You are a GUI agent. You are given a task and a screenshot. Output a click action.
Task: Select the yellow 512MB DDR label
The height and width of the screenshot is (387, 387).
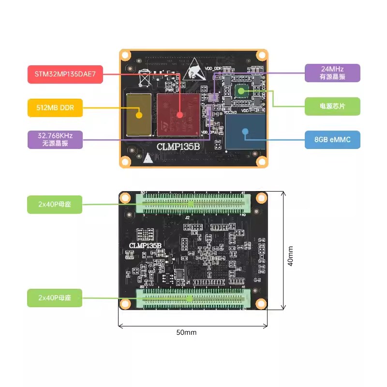click(x=55, y=107)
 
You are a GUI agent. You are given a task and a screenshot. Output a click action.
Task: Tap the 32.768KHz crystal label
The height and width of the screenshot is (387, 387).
click(x=55, y=139)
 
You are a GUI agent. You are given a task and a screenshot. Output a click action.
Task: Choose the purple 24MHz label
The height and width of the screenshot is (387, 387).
click(x=332, y=73)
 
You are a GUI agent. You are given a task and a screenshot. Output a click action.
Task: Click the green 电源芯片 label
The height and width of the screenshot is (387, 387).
click(x=332, y=105)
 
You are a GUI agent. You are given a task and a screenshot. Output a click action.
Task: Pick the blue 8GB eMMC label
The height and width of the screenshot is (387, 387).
click(x=332, y=140)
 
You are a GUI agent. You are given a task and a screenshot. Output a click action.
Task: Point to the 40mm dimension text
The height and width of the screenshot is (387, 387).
click(x=290, y=255)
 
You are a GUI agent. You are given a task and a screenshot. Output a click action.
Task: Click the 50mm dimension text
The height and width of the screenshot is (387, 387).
click(x=187, y=332)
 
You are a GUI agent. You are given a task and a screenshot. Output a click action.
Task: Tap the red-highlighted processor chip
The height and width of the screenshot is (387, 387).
click(x=178, y=115)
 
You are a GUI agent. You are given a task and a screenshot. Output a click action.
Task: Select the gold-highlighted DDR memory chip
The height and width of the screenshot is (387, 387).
click(x=139, y=115)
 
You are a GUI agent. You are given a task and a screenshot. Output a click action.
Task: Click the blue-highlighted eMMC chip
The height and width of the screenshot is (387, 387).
click(x=246, y=131)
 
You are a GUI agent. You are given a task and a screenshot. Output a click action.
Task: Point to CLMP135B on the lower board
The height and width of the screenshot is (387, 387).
click(x=145, y=246)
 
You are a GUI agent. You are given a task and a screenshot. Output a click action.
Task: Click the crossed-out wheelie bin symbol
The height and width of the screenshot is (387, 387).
click(x=144, y=77)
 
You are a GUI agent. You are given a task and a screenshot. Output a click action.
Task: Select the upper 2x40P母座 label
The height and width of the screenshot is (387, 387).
click(x=55, y=204)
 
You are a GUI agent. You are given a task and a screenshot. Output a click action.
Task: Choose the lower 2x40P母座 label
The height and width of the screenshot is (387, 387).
click(x=55, y=298)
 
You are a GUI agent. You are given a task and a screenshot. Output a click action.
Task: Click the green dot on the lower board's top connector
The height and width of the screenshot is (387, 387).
click(x=191, y=204)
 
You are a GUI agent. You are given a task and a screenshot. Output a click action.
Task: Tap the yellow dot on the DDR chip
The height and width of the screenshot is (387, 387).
click(x=139, y=115)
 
